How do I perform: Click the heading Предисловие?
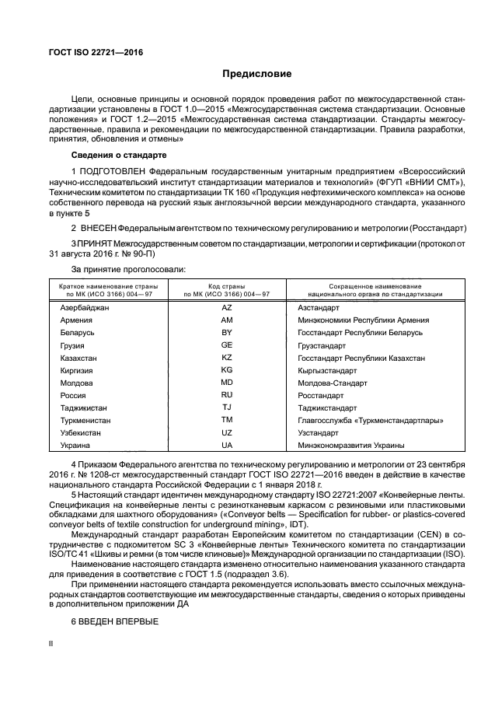point(256,75)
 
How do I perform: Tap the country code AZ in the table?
point(227,308)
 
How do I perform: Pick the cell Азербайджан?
point(85,308)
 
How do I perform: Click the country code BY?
point(227,333)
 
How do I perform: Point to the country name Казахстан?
point(80,358)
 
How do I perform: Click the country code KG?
point(227,370)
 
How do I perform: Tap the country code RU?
point(227,395)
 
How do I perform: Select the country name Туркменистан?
point(87,420)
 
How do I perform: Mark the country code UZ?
point(227,432)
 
